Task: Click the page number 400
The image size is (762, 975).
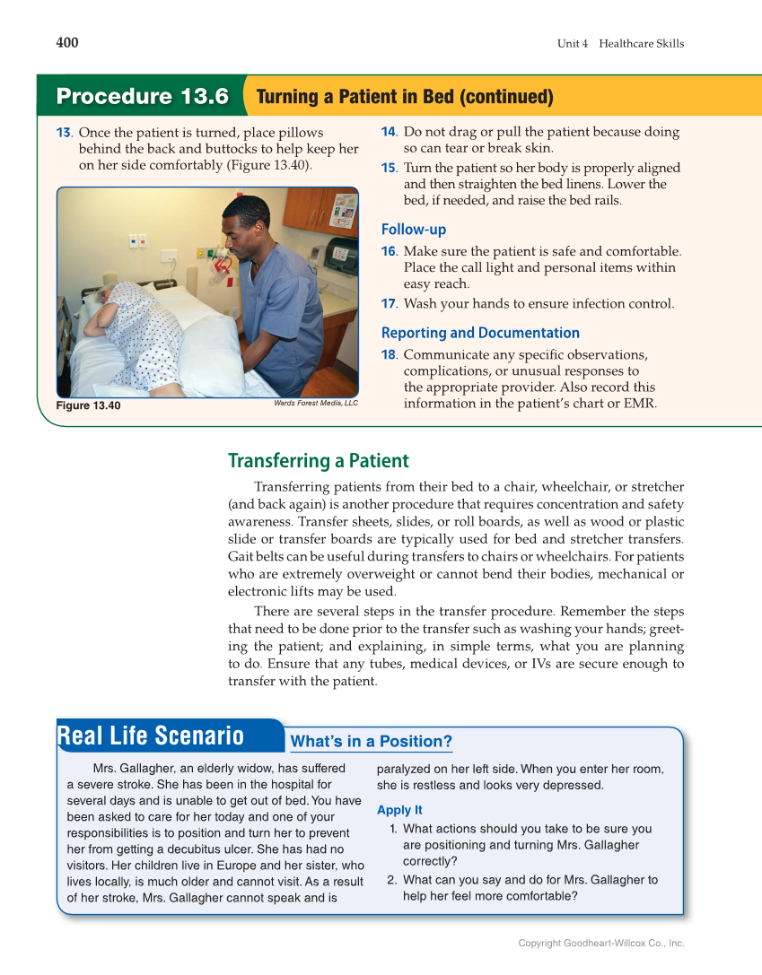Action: pos(67,43)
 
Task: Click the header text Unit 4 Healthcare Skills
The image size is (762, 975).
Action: pos(620,44)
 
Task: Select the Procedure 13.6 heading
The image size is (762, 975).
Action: pos(142,96)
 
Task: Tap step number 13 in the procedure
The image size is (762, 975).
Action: pos(65,133)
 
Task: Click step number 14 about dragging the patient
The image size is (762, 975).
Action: pos(389,132)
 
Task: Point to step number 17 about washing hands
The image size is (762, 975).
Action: pos(389,304)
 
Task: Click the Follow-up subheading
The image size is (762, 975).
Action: pos(413,230)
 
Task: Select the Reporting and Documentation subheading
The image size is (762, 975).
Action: pos(480,333)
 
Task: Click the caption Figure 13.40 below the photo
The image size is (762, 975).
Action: pos(88,406)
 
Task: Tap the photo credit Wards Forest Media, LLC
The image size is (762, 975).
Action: pos(315,404)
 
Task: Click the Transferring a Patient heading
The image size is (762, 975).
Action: pos(318,461)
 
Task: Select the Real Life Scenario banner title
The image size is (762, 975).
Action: pos(151,736)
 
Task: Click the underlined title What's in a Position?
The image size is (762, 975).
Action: pos(371,742)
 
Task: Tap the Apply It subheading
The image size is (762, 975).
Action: pos(399,810)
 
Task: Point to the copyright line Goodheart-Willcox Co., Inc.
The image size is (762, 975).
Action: pos(600,943)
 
